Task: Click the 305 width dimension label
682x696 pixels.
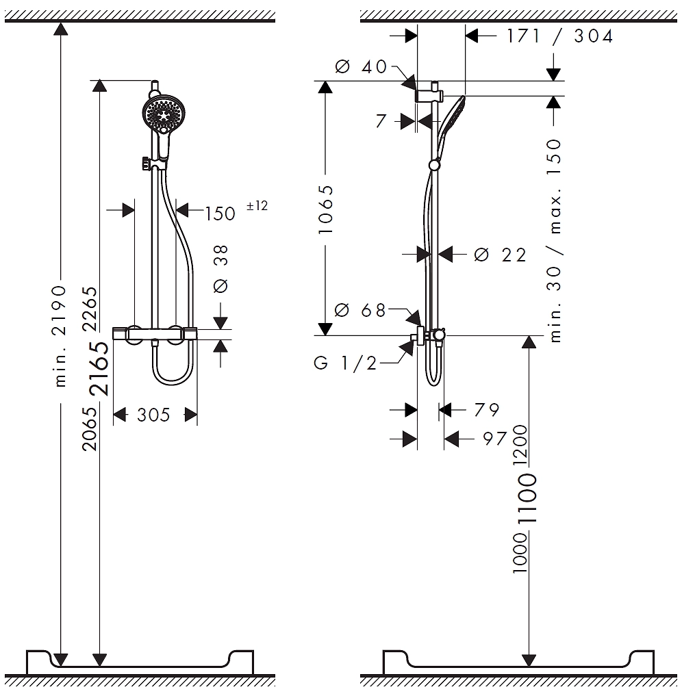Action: (x=153, y=415)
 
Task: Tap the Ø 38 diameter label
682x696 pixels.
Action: (x=220, y=268)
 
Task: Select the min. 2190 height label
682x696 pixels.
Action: (x=60, y=336)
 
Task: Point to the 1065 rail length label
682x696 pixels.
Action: (x=325, y=209)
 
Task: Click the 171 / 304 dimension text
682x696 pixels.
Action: (x=560, y=36)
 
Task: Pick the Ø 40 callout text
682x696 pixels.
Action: (x=361, y=67)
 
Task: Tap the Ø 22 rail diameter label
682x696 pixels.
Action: (x=500, y=255)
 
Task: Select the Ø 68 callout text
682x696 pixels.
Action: (x=360, y=310)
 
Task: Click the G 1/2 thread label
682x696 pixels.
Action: (x=345, y=363)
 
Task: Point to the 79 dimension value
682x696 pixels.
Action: (x=487, y=410)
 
